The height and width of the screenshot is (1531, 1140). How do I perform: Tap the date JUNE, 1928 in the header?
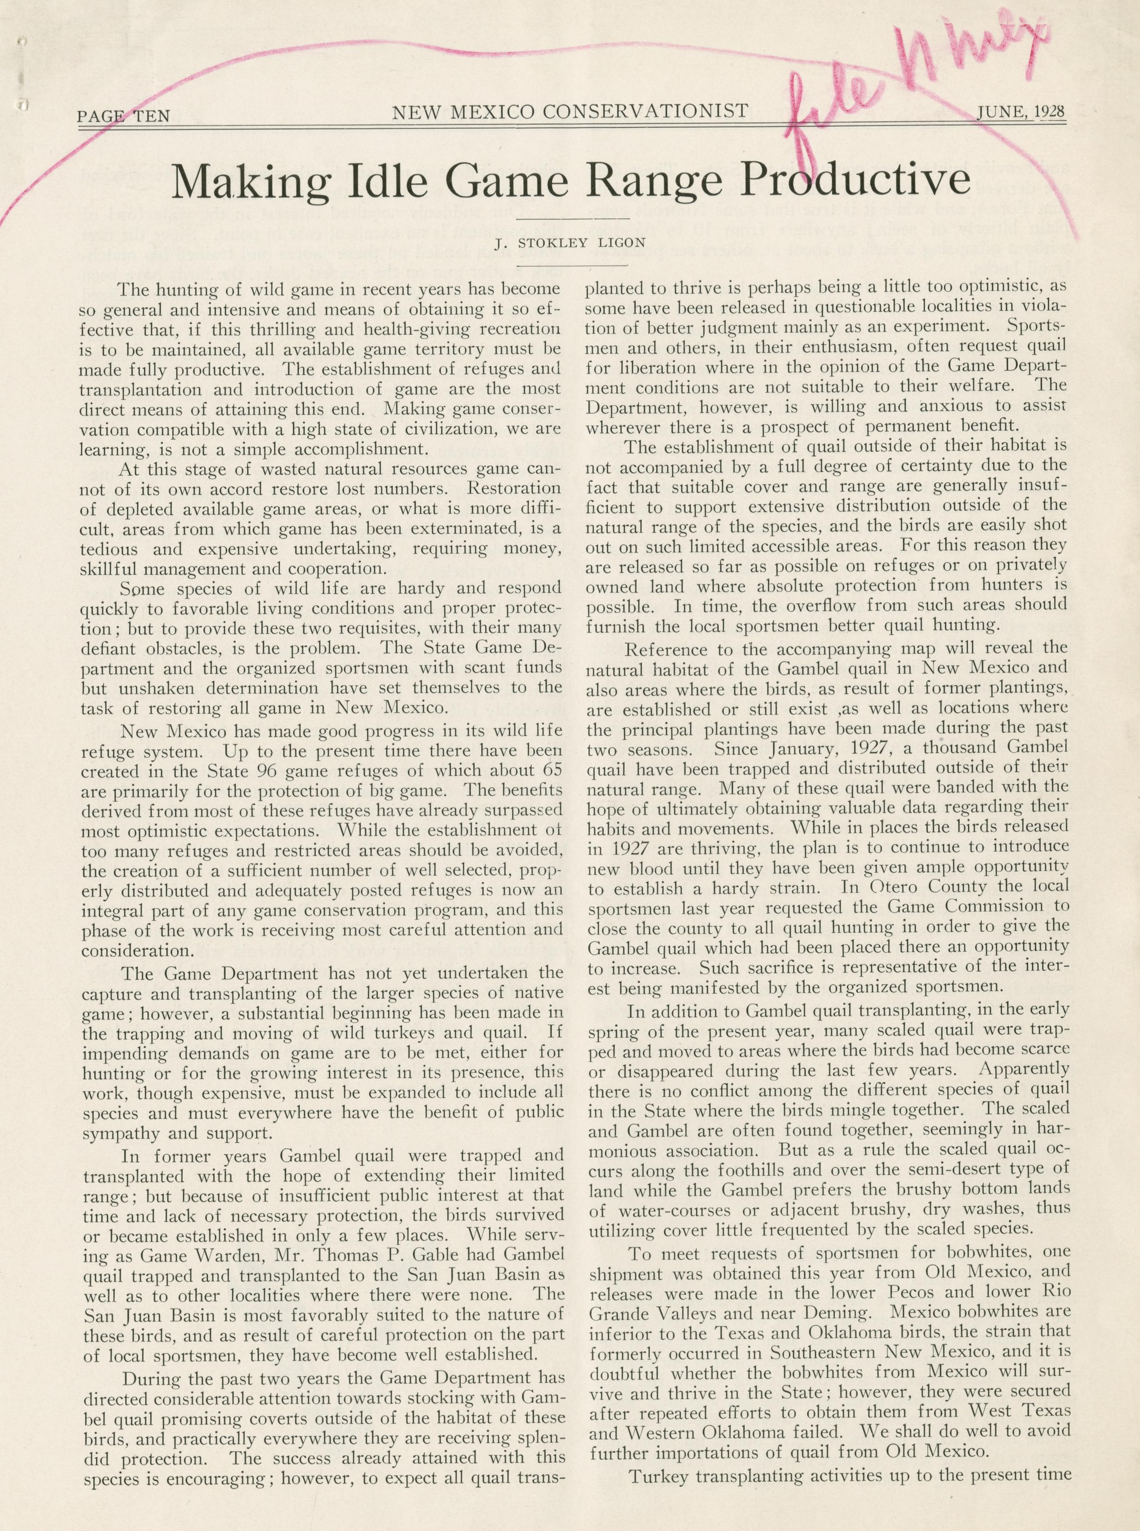point(1020,112)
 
